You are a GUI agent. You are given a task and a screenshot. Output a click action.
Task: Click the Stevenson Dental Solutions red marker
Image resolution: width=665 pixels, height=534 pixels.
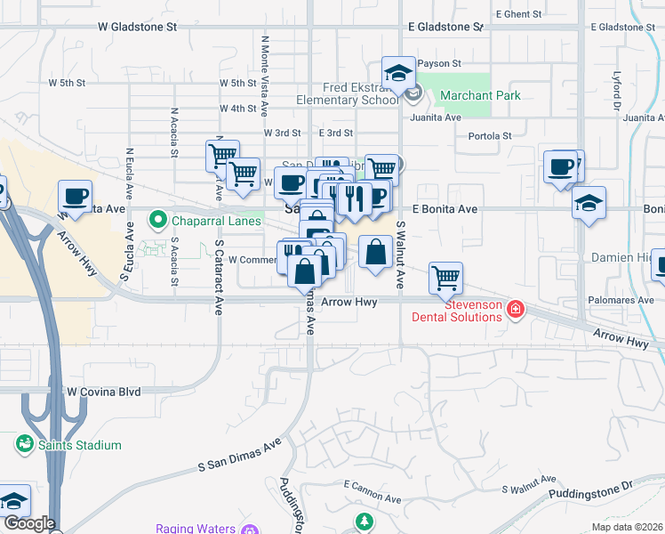click(515, 309)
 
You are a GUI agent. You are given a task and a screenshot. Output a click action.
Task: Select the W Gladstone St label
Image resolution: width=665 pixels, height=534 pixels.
click(137, 28)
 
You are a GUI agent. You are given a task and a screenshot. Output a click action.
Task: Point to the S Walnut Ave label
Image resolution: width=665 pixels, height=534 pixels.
click(401, 255)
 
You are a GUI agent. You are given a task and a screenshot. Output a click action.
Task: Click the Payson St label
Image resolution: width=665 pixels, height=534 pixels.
click(439, 64)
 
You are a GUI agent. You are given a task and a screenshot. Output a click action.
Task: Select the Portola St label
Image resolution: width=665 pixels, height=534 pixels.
click(490, 136)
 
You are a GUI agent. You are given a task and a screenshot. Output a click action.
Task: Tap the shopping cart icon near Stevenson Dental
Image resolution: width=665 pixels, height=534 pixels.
click(445, 277)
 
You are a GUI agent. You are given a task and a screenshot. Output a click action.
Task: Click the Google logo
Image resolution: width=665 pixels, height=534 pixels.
click(28, 523)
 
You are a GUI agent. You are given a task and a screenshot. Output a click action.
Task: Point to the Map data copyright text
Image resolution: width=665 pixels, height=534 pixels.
click(627, 527)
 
